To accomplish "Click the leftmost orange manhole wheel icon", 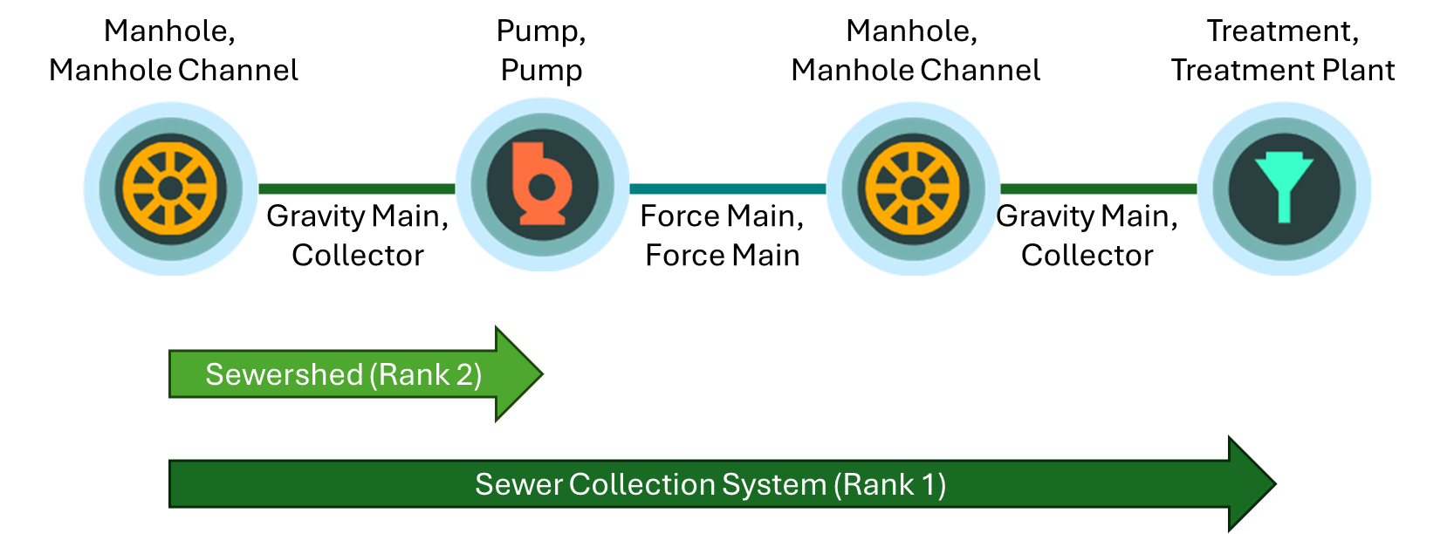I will click(x=170, y=188).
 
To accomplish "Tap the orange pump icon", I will click(x=541, y=185).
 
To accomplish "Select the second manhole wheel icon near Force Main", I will click(x=913, y=188).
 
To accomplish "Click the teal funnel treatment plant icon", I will click(x=1284, y=187).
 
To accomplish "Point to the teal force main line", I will click(x=726, y=188).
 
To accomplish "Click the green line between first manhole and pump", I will click(x=356, y=188).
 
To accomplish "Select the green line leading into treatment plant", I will click(x=1098, y=188).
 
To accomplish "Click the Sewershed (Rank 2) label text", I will click(x=343, y=374).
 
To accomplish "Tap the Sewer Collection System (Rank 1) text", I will click(x=710, y=484).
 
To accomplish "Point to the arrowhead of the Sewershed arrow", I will click(x=519, y=374).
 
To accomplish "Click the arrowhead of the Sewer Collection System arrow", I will click(x=1252, y=484).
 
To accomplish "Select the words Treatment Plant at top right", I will click(x=1282, y=70).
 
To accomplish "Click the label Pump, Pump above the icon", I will click(x=541, y=50).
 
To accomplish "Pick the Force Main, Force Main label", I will click(x=722, y=236).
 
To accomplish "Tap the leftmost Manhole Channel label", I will click(x=173, y=70).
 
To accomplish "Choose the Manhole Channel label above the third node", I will click(x=915, y=70).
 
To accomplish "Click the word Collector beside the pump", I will click(x=357, y=256).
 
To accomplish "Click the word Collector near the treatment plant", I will click(x=1087, y=256).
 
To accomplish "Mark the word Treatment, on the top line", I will click(x=1282, y=31).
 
